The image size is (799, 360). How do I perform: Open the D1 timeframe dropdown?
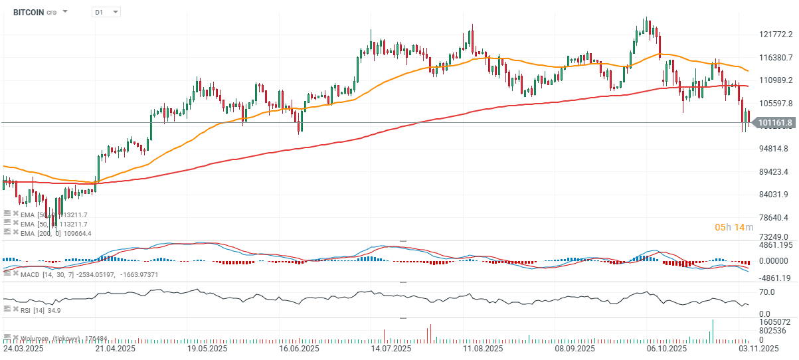(106, 12)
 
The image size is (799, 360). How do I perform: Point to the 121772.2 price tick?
(776, 35)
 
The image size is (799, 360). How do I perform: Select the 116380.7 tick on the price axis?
(776, 58)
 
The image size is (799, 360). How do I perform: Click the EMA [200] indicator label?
(56, 233)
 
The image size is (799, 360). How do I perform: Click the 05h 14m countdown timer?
(733, 227)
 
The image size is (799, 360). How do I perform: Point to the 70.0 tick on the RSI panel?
(768, 292)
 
